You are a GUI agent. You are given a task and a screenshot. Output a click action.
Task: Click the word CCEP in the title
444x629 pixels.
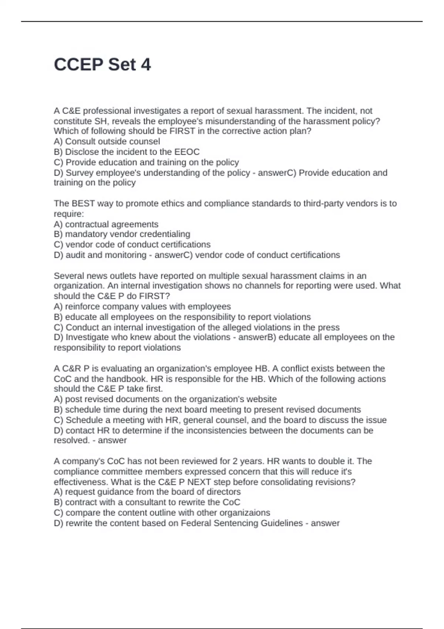coord(78,65)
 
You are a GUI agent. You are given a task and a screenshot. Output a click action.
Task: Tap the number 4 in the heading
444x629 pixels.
coord(146,65)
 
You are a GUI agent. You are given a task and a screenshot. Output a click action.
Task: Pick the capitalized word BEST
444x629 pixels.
coord(83,203)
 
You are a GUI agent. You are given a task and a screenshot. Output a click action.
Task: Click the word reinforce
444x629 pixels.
coord(83,307)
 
